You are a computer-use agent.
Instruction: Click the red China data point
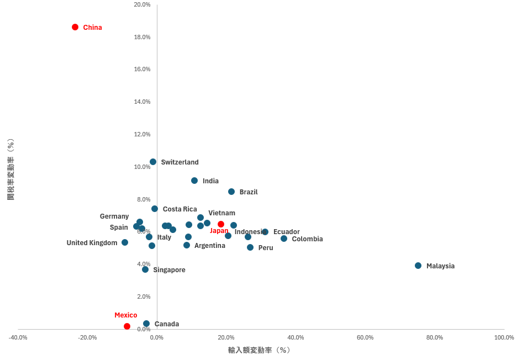(75, 27)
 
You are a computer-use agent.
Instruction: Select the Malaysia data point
(418, 266)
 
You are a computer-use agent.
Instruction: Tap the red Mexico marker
(127, 326)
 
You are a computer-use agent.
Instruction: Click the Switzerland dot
(153, 162)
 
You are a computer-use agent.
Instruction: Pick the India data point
(194, 181)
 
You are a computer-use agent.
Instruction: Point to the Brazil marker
(231, 192)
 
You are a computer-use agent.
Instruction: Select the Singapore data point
(145, 269)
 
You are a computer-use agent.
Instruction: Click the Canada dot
(146, 324)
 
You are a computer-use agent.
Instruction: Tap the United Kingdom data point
(125, 242)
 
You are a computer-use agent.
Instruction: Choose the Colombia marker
(284, 239)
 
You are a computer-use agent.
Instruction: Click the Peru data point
(250, 247)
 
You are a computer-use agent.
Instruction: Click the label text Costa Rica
(180, 209)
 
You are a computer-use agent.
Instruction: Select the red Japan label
(219, 231)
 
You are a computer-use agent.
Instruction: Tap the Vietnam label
(221, 213)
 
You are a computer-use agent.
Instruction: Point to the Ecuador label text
(286, 232)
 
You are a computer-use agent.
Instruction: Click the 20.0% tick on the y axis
(142, 4)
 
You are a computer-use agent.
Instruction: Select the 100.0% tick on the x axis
(504, 337)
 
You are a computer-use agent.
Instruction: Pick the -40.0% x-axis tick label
(18, 337)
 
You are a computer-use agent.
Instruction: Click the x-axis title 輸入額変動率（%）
(260, 350)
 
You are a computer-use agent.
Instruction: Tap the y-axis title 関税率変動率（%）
(10, 169)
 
